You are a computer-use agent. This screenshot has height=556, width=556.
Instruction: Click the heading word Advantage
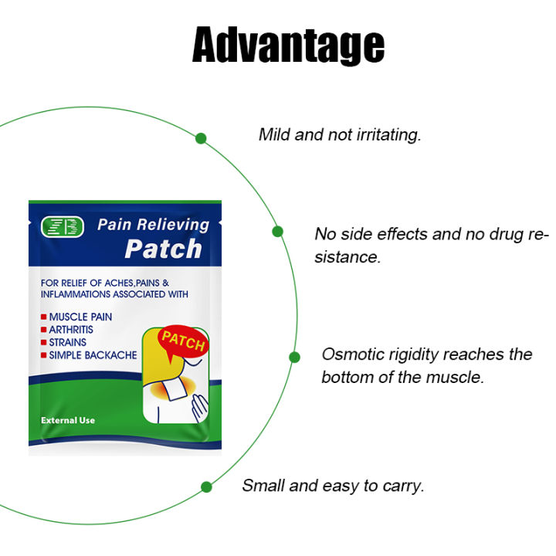click(287, 46)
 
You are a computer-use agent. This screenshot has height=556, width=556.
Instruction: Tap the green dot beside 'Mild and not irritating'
click(201, 139)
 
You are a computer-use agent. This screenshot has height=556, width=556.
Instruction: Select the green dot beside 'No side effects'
click(277, 231)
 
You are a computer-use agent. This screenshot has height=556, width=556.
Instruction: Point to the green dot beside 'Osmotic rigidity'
click(294, 357)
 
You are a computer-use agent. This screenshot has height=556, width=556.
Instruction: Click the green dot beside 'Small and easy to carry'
click(206, 486)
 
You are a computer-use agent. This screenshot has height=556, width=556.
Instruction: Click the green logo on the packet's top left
click(63, 227)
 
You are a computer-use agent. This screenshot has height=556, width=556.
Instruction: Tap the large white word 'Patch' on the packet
click(163, 249)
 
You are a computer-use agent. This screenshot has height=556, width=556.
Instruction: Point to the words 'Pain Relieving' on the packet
click(153, 225)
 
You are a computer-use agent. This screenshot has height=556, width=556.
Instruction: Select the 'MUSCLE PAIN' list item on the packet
click(80, 317)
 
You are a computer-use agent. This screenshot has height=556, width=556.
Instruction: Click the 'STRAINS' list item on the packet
click(68, 342)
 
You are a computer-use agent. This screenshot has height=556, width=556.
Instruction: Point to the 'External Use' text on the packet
click(67, 420)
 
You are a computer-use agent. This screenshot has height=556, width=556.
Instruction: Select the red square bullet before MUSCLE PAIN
click(44, 317)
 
